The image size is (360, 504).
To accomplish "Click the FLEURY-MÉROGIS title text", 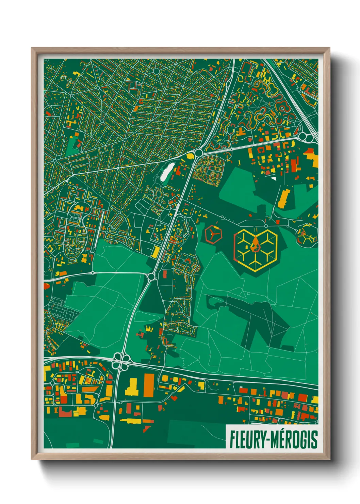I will [274, 439].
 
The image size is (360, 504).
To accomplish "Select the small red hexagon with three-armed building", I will [213, 234].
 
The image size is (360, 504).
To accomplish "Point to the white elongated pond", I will [167, 172].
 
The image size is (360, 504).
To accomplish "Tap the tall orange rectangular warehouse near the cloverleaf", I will [149, 385].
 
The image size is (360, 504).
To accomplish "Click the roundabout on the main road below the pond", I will [198, 153].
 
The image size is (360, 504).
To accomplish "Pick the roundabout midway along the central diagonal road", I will [151, 277].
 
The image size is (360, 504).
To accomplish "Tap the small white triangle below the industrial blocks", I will [273, 178].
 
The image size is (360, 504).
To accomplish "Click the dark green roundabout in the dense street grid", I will [156, 71].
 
